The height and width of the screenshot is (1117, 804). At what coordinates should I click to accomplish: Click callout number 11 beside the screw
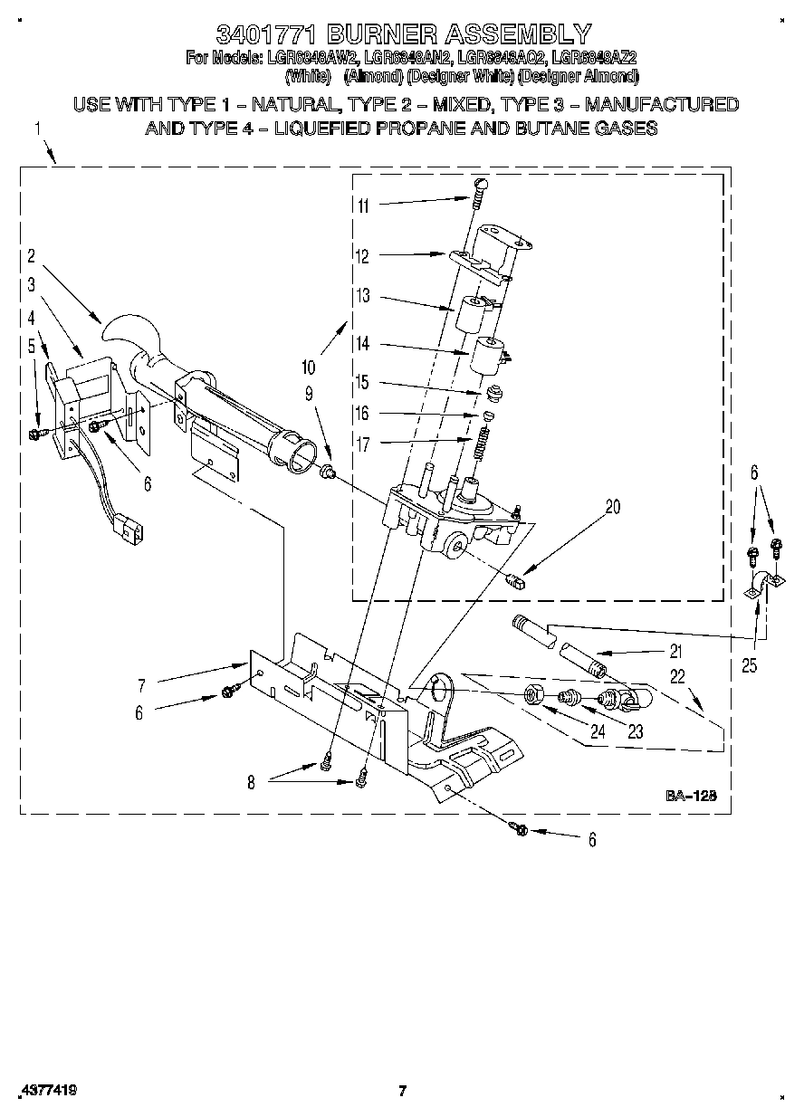tap(363, 205)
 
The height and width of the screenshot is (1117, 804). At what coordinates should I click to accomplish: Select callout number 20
tap(613, 507)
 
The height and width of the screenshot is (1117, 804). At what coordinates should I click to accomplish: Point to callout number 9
tap(309, 393)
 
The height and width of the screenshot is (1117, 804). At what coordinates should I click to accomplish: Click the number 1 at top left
tap(38, 129)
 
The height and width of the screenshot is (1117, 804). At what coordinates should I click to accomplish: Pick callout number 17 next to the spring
tap(363, 443)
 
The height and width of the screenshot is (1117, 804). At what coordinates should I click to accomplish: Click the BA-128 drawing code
tap(692, 796)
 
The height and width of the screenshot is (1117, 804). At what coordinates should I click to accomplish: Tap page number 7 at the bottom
tap(403, 1091)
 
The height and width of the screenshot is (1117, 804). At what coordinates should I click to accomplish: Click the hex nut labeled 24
tap(535, 696)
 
